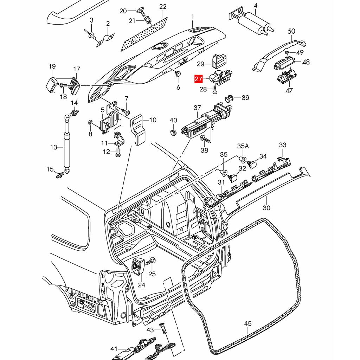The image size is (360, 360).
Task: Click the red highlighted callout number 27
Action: [x=199, y=79]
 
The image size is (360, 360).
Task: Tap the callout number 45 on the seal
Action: [x=248, y=323]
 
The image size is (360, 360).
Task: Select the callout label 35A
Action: [x=243, y=146]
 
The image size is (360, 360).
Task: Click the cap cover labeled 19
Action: [x=51, y=85]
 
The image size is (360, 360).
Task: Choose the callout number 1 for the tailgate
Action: [x=193, y=17]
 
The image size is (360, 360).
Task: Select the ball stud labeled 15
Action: [x=60, y=174]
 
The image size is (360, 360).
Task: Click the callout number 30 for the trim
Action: [x=266, y=208]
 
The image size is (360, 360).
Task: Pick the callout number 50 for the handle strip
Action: [x=291, y=31]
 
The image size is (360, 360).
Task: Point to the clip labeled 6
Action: [x=178, y=74]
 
